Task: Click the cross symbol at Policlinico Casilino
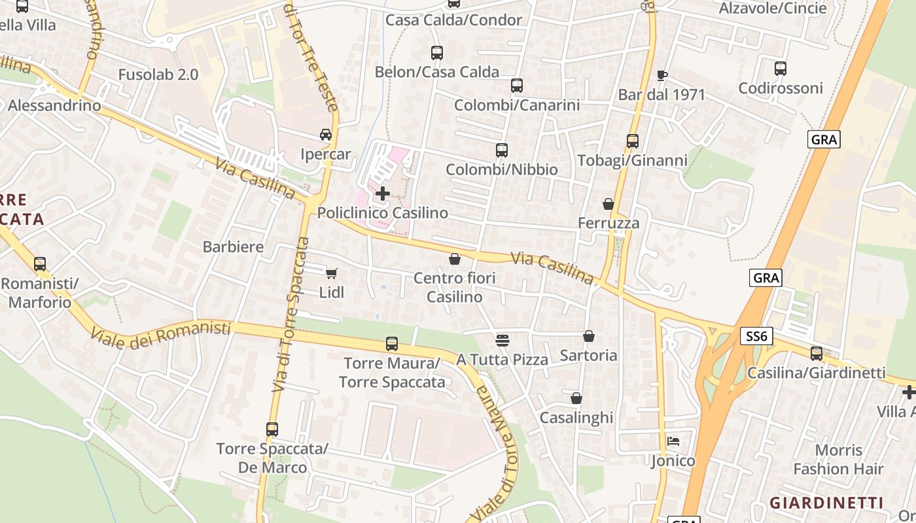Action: [x=383, y=194]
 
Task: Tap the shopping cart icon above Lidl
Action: [x=332, y=273]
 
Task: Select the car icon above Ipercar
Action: [x=325, y=135]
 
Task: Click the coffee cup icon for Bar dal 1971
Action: [x=661, y=75]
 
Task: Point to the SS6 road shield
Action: [x=758, y=337]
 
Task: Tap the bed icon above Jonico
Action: [x=673, y=441]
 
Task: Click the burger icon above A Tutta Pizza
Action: [x=502, y=340]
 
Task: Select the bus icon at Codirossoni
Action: [x=780, y=68]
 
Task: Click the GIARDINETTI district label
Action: [x=826, y=503]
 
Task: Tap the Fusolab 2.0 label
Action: [x=158, y=75]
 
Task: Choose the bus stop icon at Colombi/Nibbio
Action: [x=502, y=150]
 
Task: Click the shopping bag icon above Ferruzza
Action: [x=608, y=204]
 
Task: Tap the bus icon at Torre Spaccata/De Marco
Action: [x=272, y=430]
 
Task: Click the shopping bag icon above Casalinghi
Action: [x=576, y=398]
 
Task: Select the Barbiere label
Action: [x=233, y=247]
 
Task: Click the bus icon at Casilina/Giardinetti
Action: [x=817, y=354]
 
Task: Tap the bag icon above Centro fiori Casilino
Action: [x=455, y=259]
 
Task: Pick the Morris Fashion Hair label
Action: [x=838, y=460]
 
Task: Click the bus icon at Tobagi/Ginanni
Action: [x=632, y=141]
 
